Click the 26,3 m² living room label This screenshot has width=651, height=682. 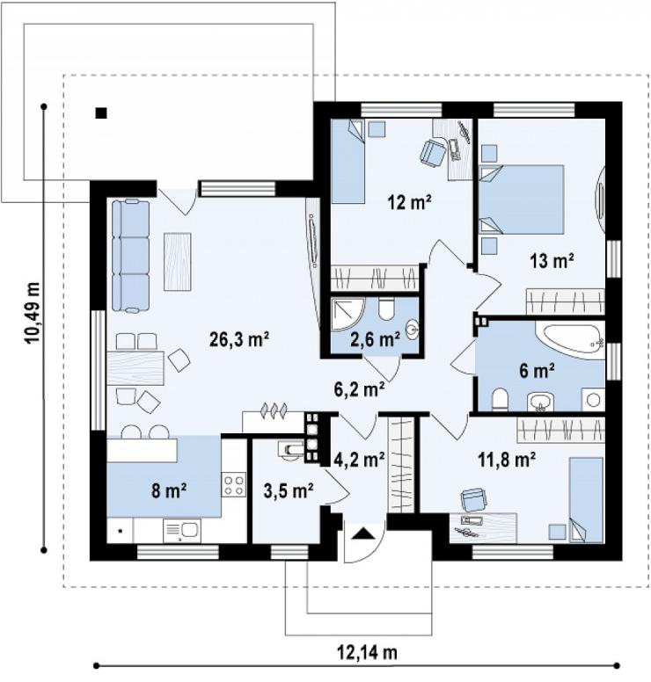(239, 340)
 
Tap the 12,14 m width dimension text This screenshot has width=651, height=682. (367, 652)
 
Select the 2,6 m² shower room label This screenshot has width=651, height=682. (376, 339)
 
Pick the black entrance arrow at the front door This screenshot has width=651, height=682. (363, 533)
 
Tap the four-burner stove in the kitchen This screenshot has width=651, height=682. (233, 485)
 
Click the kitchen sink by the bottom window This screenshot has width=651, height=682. (182, 531)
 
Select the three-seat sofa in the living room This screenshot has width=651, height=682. (130, 256)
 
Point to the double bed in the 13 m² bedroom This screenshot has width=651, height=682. (521, 200)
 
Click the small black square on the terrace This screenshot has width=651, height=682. (101, 113)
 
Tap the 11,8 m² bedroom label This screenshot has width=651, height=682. (507, 460)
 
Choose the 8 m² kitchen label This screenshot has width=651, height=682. (170, 490)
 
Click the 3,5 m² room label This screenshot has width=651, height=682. (289, 491)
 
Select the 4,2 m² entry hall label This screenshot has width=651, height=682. (360, 459)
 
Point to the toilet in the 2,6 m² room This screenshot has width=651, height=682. (386, 308)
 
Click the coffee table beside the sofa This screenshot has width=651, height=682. (178, 262)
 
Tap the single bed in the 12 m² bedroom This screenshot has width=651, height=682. (347, 162)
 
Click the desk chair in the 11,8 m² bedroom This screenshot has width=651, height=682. (474, 499)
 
